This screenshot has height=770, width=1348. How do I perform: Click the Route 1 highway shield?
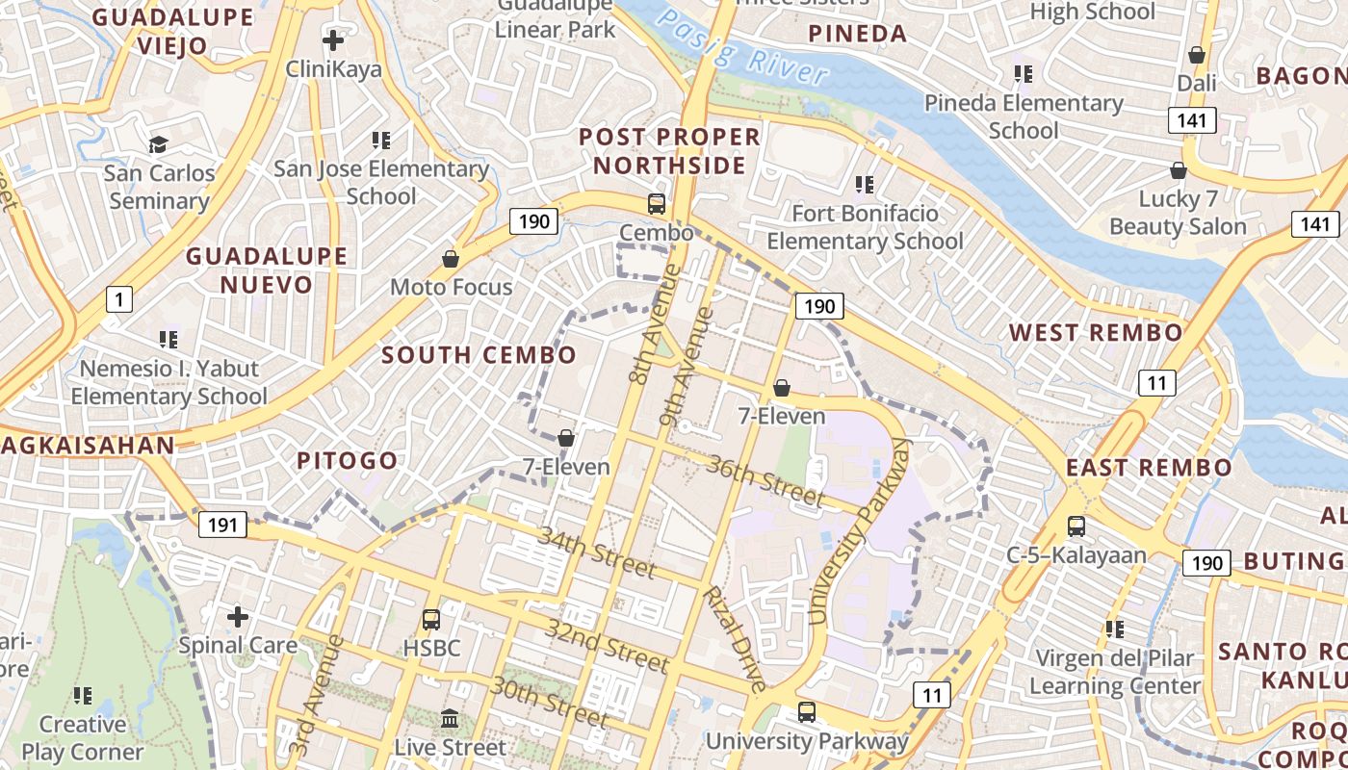[x=118, y=300]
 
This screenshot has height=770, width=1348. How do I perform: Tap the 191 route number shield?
[x=222, y=525]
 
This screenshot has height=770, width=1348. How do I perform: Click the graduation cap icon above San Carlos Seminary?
[x=158, y=144]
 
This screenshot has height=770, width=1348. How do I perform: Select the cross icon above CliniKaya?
[x=333, y=40]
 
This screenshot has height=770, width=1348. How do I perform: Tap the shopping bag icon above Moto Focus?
[x=450, y=259]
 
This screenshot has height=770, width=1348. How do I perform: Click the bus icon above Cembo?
[x=657, y=203]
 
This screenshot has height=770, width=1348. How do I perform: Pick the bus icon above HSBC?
[x=431, y=619]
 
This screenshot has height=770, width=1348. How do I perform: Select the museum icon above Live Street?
[x=450, y=718]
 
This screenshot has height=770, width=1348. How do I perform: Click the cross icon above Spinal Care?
[x=238, y=616]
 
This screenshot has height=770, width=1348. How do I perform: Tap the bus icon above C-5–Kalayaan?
[x=1076, y=526]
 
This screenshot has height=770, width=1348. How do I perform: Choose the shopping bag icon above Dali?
[x=1197, y=55]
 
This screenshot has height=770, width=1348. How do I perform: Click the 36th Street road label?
[x=765, y=480]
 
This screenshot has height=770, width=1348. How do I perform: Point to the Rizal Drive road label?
[x=734, y=639]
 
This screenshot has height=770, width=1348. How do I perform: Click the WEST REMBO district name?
[x=1096, y=333]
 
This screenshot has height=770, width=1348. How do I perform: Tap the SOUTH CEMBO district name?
[x=479, y=354]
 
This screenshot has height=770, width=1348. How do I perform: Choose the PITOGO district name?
[x=347, y=460]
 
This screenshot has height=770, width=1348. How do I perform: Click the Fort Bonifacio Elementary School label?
[x=865, y=227]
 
